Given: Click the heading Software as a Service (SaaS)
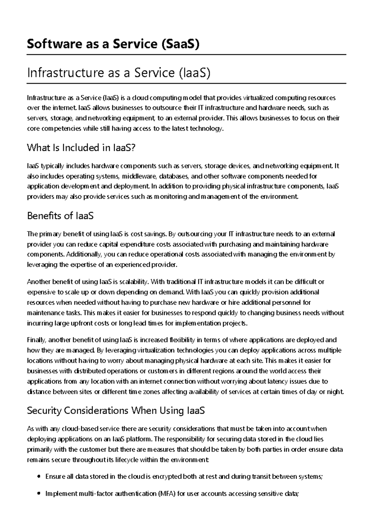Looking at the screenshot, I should coord(113,44).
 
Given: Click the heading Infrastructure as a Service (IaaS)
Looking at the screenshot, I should coord(119,73).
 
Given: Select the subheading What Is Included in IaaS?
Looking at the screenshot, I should coord(81,148).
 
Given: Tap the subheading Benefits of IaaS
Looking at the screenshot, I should coord(60,216).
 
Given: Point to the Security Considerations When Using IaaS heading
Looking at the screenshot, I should coord(116,411).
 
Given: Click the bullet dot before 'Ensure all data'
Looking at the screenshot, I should coord(39,476).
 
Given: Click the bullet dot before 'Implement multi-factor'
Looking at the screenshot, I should coord(39,493).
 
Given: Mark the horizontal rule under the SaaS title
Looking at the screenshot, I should coord(186,55).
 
